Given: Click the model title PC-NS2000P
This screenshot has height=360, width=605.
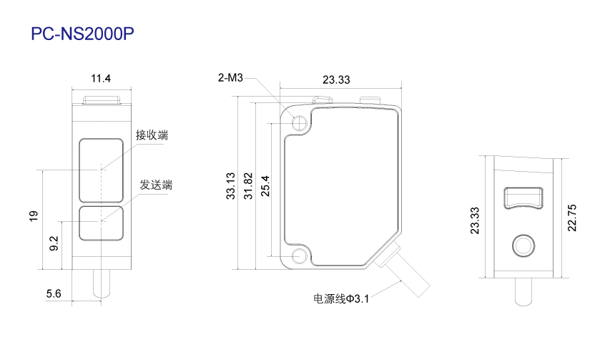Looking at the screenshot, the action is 82,34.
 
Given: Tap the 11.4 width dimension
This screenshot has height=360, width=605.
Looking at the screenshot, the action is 101,79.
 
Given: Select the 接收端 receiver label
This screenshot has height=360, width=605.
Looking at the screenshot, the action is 152,135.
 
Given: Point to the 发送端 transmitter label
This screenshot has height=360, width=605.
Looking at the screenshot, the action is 156,185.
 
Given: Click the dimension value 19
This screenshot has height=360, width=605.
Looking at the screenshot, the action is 34,216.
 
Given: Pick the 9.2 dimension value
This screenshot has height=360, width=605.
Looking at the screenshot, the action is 54,243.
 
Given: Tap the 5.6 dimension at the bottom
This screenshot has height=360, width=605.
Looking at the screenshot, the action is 54,293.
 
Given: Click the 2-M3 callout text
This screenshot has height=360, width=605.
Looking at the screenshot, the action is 230,77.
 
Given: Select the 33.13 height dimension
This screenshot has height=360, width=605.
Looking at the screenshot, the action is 230,186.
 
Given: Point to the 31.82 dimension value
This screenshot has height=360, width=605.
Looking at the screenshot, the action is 248,186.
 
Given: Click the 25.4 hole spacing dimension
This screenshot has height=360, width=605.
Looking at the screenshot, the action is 265,186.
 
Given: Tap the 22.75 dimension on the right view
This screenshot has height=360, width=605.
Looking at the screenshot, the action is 572,218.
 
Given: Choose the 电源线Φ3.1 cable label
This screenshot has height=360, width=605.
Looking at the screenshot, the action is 341,298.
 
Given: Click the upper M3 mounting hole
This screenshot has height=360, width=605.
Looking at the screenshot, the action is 299,123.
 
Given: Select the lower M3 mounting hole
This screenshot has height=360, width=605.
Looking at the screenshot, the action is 299,256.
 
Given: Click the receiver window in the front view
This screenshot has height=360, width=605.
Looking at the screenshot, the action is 101,170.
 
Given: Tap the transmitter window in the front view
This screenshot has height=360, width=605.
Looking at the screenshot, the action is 101,223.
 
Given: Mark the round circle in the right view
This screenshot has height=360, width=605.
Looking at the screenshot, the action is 523,245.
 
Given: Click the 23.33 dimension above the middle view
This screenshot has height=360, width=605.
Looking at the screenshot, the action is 336,79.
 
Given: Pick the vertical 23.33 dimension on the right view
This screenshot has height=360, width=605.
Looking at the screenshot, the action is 475,220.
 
